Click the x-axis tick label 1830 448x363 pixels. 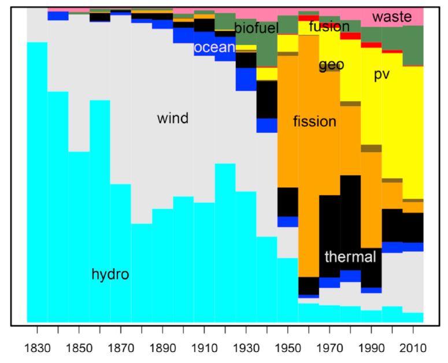point(38,348)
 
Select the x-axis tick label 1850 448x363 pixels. point(79,348)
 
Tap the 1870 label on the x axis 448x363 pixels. point(121,348)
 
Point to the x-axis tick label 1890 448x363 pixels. point(162,348)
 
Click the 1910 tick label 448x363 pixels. point(204,348)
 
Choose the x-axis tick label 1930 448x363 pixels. point(246,348)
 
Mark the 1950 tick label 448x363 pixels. point(288,348)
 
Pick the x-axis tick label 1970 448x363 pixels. point(329,348)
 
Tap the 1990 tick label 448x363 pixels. point(372,348)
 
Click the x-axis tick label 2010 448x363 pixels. point(413,348)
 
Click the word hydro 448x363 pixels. point(110,275)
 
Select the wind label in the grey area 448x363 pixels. point(173,118)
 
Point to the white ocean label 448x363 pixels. point(214,47)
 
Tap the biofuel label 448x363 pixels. point(256,28)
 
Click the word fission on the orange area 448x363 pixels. point(315,121)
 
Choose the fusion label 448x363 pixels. point(329,26)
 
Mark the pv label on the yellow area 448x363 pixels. point(382,75)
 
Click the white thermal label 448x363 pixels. point(350,257)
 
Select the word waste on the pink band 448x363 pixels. point(392,17)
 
